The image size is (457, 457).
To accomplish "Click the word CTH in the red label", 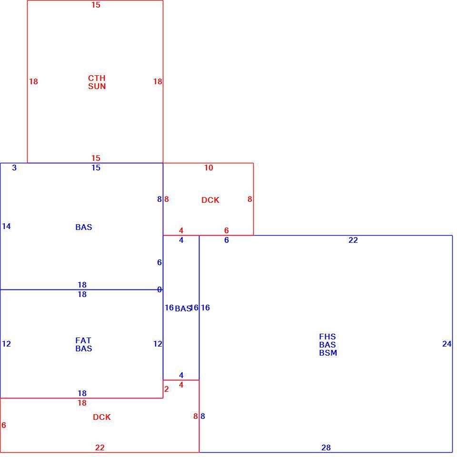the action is click(97, 78).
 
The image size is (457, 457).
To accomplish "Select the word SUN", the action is click(97, 86).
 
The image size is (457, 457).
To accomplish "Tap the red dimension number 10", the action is click(209, 168).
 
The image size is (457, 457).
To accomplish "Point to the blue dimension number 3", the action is click(14, 168).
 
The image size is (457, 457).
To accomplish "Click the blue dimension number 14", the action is click(6, 226).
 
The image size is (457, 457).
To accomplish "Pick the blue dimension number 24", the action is click(447, 344).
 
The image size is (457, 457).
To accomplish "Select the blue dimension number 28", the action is click(326, 447).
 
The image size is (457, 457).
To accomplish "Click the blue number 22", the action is click(353, 240).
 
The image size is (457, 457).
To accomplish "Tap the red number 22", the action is click(99, 447).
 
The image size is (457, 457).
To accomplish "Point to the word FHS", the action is click(328, 337).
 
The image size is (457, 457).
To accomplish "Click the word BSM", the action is click(328, 353).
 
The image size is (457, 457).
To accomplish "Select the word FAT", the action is click(83, 340).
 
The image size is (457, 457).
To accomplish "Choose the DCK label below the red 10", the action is click(210, 200).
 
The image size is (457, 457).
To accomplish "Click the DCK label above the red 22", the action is click(102, 417).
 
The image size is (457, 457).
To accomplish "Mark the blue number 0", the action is click(159, 289).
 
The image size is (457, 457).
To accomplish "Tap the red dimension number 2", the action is click(167, 389).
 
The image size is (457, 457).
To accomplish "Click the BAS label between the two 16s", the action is click(183, 308).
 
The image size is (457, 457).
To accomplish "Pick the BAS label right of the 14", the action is click(84, 227).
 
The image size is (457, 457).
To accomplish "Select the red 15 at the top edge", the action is click(96, 5).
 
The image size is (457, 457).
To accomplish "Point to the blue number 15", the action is click(96, 168).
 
